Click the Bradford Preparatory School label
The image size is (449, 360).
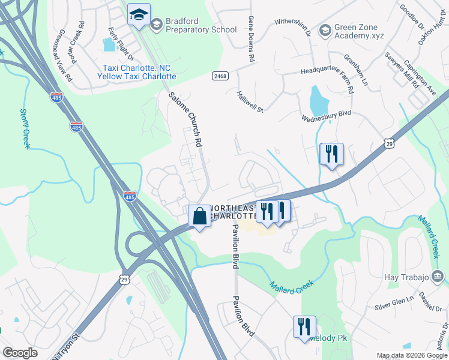pos(200,25)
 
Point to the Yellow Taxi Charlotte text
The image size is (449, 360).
pos(137,76)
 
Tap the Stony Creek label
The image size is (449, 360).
pos(25,129)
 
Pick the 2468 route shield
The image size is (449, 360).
pos(220,76)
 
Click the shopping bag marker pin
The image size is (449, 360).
pos(199,216)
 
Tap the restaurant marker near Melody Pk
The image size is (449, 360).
pos(304,327)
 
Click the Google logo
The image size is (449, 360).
pos(20,353)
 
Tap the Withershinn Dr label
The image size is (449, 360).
pos(292,28)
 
